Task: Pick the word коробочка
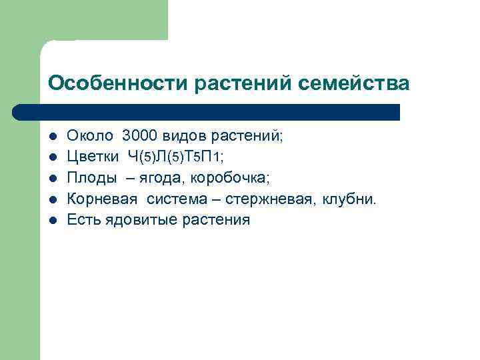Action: click(x=231, y=178)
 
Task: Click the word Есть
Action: click(x=81, y=220)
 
